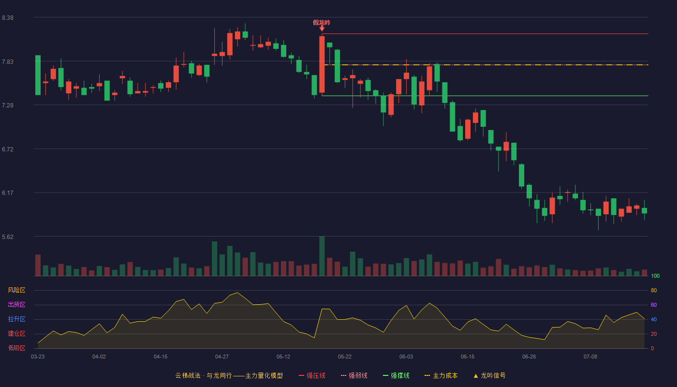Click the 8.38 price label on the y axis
pos(8,18)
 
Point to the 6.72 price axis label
pos(8,149)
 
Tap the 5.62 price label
pos(8,237)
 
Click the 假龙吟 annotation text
pos(322,23)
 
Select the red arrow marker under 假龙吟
pos(322,29)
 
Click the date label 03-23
pos(38,357)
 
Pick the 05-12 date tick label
pos(283,357)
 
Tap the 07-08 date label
pos(590,357)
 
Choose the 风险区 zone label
pos(16,290)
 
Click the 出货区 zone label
pos(16,304)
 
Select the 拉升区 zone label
pos(16,319)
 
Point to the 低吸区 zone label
pos(16,348)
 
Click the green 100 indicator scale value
pos(655,276)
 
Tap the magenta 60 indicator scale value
pos(654,305)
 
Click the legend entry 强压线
pos(312,375)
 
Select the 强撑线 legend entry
pos(396,375)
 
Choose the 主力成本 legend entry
pos(441,375)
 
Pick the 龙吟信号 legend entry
pos(489,375)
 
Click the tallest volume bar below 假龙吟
pos(322,256)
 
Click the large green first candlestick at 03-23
pos(38,75)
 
